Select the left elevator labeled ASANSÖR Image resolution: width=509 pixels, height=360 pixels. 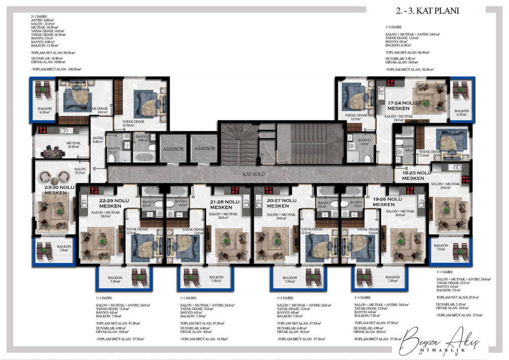pos(172,149)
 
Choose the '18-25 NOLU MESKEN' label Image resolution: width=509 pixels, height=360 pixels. pos(416,176)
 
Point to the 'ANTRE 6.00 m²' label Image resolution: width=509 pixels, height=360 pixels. pos(97,140)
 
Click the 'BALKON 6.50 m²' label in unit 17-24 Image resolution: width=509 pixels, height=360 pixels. pos(462,113)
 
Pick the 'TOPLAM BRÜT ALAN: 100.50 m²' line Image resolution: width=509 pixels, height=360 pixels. pos(56,70)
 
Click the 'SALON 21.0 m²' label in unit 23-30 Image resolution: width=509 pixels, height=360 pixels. pos(81,171)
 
